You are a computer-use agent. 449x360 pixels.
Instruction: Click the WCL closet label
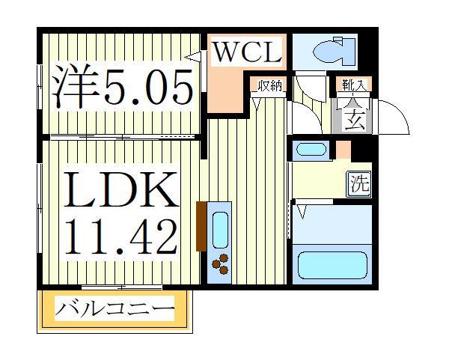tap(246, 54)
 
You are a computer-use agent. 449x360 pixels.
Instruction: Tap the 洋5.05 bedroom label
tap(123, 87)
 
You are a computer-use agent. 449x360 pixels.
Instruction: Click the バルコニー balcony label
tap(116, 308)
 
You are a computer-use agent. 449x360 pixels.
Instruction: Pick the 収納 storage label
tap(270, 86)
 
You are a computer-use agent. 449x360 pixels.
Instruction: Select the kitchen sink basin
tap(221, 230)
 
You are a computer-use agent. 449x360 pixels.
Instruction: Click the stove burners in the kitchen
tap(221, 262)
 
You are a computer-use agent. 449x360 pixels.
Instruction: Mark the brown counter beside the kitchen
tap(200, 226)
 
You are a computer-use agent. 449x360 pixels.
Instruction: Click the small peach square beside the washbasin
tap(343, 149)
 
